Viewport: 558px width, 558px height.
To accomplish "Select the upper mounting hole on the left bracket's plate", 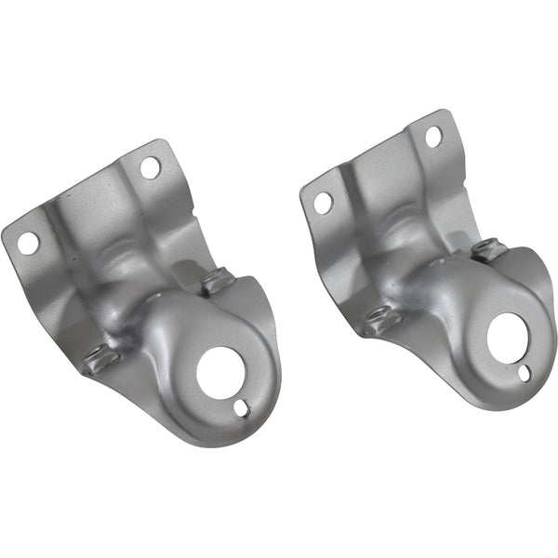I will pos(150,167).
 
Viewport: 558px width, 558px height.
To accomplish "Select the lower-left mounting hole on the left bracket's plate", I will pos(28,243).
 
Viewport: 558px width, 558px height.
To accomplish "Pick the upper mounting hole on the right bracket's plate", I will pos(433,136).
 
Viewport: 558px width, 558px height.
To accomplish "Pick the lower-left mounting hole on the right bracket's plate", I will pos(322,202).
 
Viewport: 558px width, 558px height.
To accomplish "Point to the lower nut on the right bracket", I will pos(381,318).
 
